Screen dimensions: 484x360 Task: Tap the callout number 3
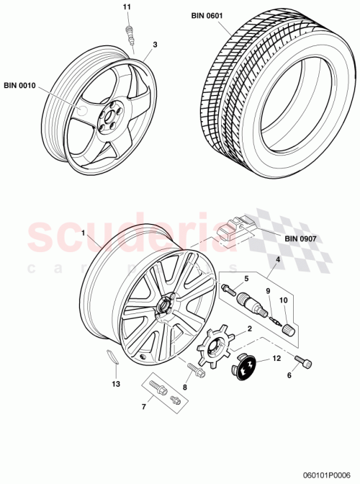154,45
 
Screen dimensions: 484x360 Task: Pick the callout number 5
246,278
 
